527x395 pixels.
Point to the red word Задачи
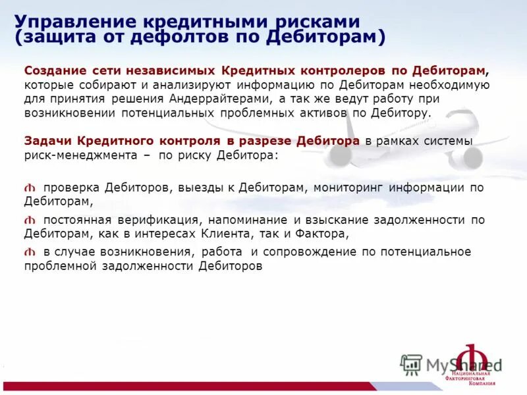click(x=46, y=142)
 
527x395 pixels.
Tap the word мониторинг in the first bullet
click(x=348, y=188)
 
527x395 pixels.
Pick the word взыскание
click(x=343, y=220)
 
